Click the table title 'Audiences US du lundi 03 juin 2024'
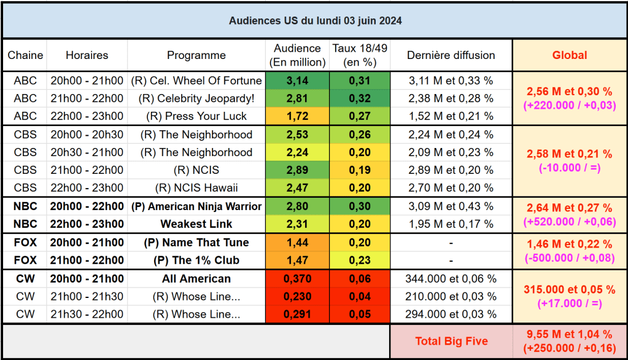(x=316, y=20)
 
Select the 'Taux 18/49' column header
(x=360, y=55)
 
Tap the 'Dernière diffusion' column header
(x=451, y=55)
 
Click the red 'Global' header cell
(x=569, y=55)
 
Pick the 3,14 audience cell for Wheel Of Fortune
(x=297, y=80)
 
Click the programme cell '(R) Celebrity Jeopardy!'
(x=196, y=98)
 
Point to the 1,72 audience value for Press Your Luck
(x=297, y=116)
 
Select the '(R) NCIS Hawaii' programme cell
(x=196, y=187)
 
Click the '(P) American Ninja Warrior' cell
(x=196, y=206)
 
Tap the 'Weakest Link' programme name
(x=196, y=224)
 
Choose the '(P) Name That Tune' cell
(x=196, y=243)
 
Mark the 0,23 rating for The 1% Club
(x=360, y=260)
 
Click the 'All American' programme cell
(x=196, y=279)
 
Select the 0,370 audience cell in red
(x=297, y=279)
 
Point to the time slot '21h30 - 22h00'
(x=87, y=315)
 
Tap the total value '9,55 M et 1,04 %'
(x=569, y=334)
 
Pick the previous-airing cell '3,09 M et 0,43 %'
(x=451, y=206)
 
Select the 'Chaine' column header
(x=25, y=55)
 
